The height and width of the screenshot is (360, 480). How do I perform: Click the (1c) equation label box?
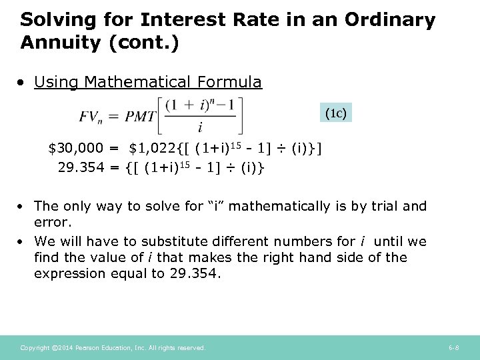pos(335,113)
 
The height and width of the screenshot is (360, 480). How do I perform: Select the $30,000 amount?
pos(76,147)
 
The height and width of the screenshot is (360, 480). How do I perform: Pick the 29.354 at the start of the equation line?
pos(81,167)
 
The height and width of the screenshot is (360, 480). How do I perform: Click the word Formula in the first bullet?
pos(229,82)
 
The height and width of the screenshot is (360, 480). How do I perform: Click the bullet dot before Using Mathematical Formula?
pos(23,83)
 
